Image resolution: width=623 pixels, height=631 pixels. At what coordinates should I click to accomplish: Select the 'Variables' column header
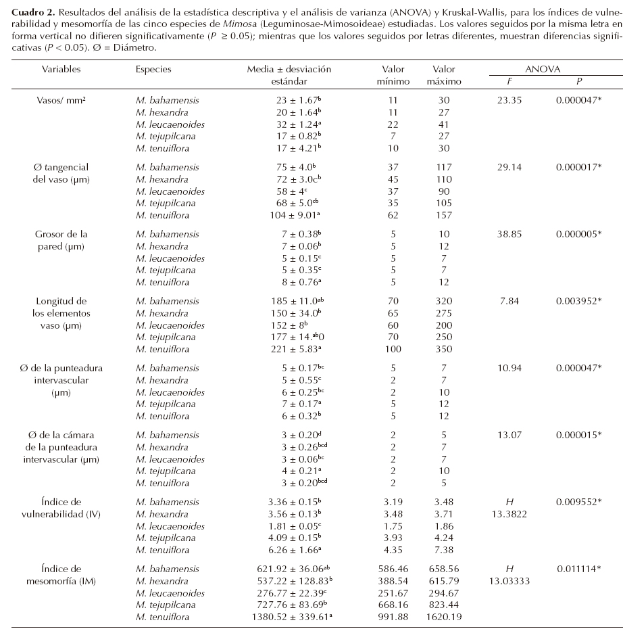61,69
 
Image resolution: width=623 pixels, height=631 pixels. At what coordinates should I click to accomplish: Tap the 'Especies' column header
153,69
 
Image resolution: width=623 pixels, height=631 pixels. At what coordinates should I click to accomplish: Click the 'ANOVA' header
543,69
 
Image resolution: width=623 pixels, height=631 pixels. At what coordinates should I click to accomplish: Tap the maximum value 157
444,215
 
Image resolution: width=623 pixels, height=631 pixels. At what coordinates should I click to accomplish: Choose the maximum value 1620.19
444,617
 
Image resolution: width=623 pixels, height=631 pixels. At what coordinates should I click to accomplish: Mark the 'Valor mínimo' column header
393,75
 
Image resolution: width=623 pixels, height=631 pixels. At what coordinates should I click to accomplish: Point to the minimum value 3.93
393,538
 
